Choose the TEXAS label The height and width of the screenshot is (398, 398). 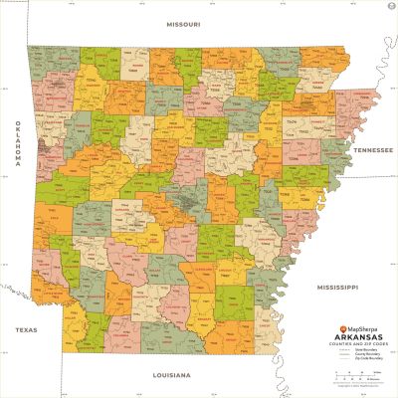(x=25, y=327)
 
